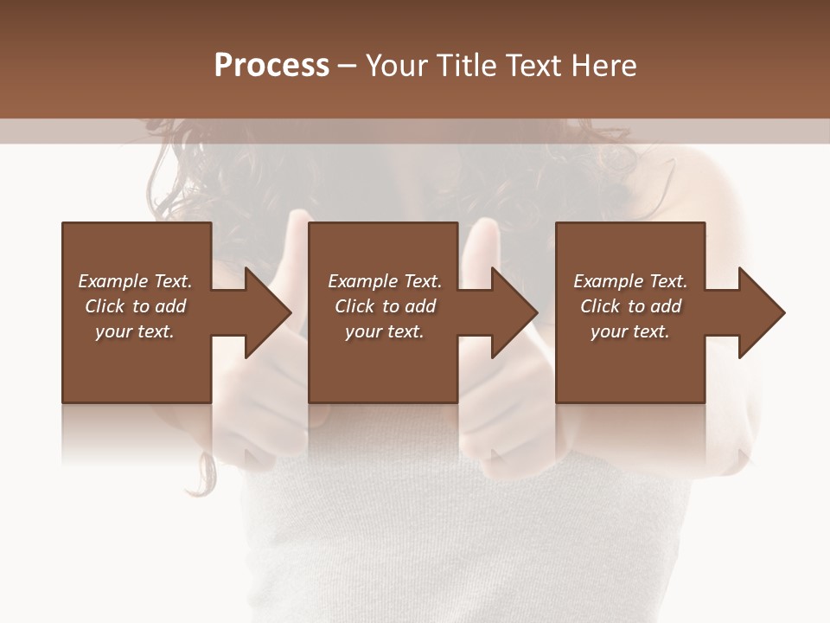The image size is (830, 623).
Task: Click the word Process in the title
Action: (271, 66)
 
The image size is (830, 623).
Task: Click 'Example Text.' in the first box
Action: (135, 281)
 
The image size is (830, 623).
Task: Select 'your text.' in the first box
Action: (135, 331)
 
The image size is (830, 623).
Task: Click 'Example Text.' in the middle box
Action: (385, 281)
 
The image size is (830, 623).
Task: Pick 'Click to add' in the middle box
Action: (385, 306)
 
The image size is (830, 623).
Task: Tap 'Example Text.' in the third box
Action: (630, 281)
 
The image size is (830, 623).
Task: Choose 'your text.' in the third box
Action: (630, 331)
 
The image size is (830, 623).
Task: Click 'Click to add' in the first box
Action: (135, 306)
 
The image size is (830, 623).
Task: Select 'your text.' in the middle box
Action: (385, 331)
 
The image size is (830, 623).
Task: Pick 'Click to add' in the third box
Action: (630, 306)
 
